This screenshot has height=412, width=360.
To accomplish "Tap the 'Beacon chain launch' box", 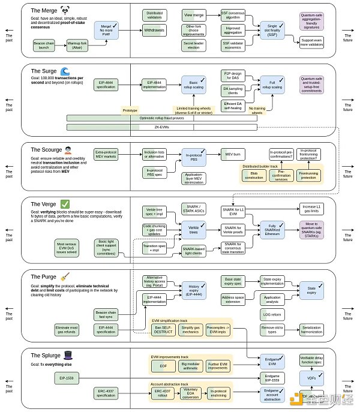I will pos(46,46).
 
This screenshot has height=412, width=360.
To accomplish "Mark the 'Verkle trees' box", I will pos(194,230).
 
